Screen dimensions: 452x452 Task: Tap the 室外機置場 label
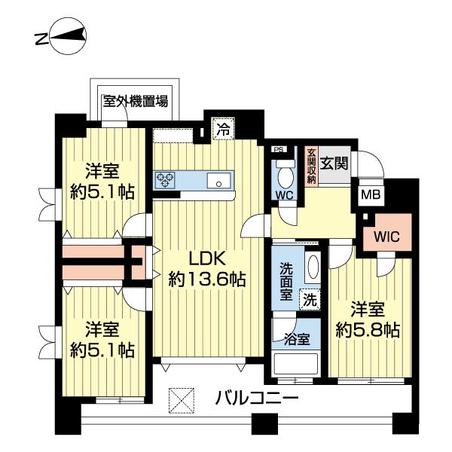[135, 101]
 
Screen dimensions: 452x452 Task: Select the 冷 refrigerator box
[224, 129]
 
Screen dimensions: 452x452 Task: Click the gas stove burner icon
[165, 179]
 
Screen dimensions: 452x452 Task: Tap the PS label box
[278, 148]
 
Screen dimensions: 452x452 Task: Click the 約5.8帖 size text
[369, 329]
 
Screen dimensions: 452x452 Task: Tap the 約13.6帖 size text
[206, 279]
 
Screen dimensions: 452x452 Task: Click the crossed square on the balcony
[180, 398]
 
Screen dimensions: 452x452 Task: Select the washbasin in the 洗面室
[313, 267]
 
